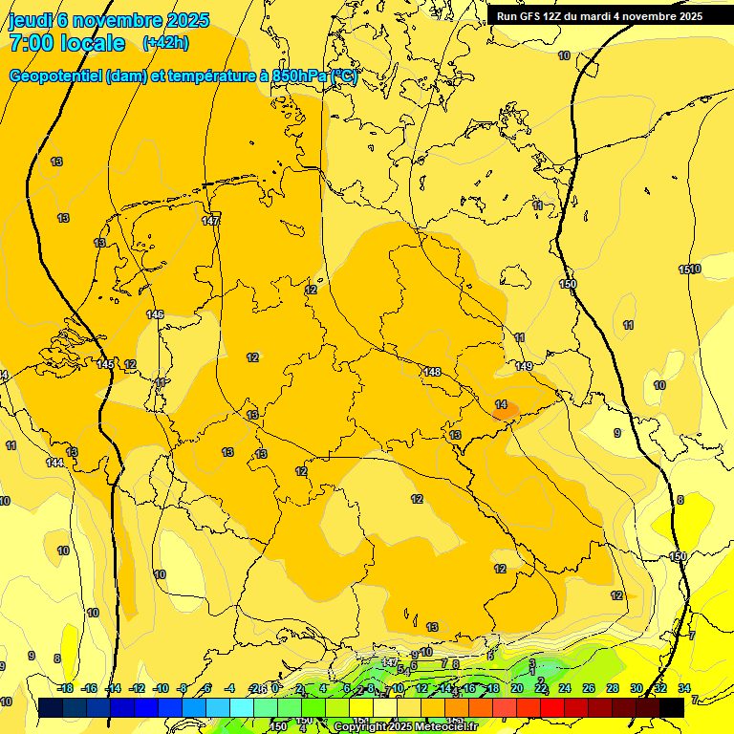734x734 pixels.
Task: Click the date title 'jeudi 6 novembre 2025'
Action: pos(100,19)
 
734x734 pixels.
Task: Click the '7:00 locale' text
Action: pos(67,43)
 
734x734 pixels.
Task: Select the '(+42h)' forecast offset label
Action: pos(165,43)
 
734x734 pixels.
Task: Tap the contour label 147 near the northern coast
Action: pos(211,221)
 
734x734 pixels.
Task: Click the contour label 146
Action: pos(155,314)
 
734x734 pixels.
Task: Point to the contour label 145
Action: pos(105,364)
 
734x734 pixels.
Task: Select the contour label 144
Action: pos(54,463)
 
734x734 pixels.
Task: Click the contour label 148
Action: pos(432,372)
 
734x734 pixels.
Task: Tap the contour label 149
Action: pos(524,366)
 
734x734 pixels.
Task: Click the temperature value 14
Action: pos(501,404)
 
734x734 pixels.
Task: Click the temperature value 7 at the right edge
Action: pos(693,635)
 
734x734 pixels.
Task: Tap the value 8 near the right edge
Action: pos(680,500)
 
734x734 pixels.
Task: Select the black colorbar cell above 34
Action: pos(672,707)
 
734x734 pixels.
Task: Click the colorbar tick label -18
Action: pos(65,688)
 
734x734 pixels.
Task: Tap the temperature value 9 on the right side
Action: pos(616,433)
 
